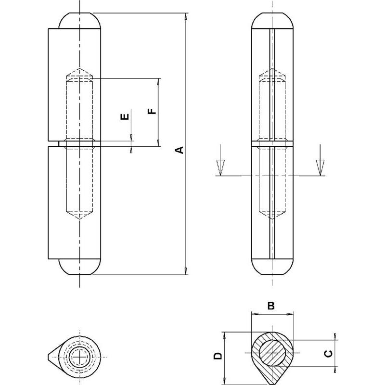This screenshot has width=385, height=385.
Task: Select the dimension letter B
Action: tap(271, 306)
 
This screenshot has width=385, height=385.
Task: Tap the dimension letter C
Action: tap(327, 354)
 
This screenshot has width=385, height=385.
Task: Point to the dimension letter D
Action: tap(218, 356)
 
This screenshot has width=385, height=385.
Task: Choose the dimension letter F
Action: tap(152, 111)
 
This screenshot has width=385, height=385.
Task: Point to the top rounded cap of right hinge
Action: tap(272, 20)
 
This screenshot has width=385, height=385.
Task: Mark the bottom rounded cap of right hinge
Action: tap(272, 267)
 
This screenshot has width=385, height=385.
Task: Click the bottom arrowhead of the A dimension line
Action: tap(186, 272)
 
